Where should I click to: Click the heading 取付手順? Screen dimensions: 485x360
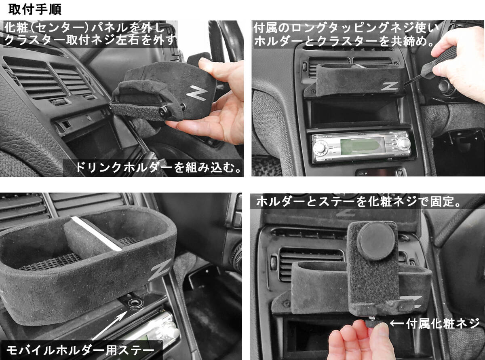tap(35, 10)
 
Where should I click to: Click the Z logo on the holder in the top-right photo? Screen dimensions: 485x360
tap(390, 86)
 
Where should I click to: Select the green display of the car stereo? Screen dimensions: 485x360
tap(359, 146)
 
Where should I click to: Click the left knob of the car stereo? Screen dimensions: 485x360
tap(320, 148)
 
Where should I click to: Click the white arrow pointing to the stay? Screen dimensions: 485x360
tap(110, 326)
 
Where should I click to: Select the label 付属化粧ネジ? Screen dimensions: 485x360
tap(443, 324)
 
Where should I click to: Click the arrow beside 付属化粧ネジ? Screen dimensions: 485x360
tap(397, 323)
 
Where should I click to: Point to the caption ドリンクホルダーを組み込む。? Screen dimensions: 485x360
tap(158, 168)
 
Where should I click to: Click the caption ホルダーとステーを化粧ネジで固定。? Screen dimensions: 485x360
tap(358, 201)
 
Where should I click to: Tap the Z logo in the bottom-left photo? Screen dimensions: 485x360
tap(160, 270)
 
